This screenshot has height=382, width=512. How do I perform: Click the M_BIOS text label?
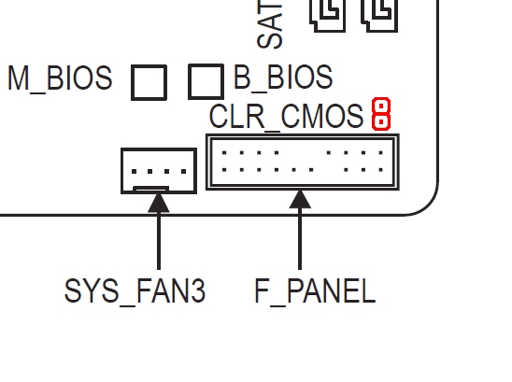tap(60, 78)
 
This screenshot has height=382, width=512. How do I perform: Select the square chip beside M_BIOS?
tap(149, 82)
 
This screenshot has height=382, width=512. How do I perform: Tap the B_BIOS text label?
tap(283, 78)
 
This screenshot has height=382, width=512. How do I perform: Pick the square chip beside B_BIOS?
tap(206, 81)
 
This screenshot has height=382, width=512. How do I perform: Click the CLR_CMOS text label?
tap(286, 117)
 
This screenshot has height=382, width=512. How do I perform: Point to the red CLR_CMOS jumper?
tap(380, 114)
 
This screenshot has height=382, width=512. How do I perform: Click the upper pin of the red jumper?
tap(380, 106)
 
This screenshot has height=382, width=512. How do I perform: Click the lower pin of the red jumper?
tap(380, 121)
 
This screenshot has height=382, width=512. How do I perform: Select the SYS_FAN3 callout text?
tap(135, 291)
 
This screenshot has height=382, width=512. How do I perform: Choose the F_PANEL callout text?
tap(315, 291)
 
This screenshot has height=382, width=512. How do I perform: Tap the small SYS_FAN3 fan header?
tap(158, 171)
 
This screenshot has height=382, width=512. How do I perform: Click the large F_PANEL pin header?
tap(303, 162)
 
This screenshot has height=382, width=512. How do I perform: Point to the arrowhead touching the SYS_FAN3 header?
tap(158, 200)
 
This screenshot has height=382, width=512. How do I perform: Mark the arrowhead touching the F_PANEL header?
tap(300, 199)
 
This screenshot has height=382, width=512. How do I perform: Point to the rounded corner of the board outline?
tap(425, 204)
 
